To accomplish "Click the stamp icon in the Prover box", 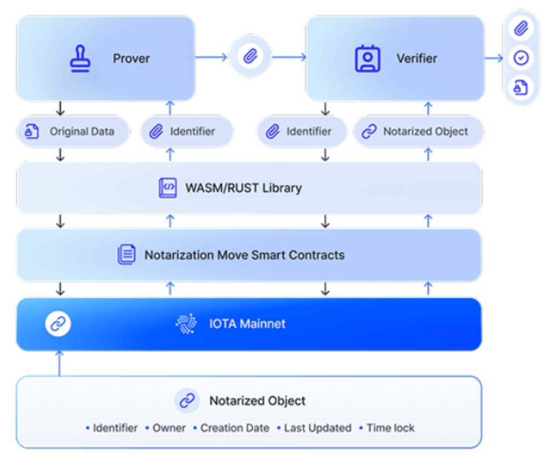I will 81,58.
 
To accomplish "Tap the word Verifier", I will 417,58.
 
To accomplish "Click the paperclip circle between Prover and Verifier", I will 250,56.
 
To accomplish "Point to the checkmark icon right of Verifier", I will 521,58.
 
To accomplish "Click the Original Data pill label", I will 82,131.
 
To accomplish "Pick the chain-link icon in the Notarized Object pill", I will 369,132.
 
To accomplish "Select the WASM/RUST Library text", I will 243,188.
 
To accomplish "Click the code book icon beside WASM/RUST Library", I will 168,188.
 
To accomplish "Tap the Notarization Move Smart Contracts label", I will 244,255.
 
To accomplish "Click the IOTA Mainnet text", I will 248,324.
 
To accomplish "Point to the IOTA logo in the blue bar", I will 186,324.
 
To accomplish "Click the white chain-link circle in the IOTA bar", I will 58,324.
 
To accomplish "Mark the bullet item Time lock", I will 390,428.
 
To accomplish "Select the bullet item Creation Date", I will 235,428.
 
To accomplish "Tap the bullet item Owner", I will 169,428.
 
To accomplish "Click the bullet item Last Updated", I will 317,428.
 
